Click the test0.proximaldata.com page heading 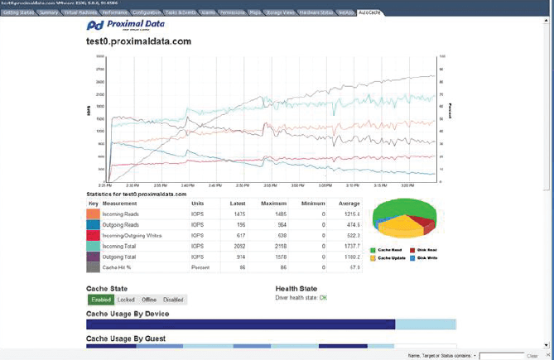tap(138, 41)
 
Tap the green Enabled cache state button tap(100, 300)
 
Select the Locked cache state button tap(125, 300)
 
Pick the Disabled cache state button tap(174, 300)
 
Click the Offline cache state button tap(149, 300)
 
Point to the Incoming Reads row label tap(121, 214)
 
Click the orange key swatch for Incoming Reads tap(93, 214)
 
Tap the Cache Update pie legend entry tap(393, 258)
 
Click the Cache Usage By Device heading tap(128, 314)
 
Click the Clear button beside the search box tap(532, 355)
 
